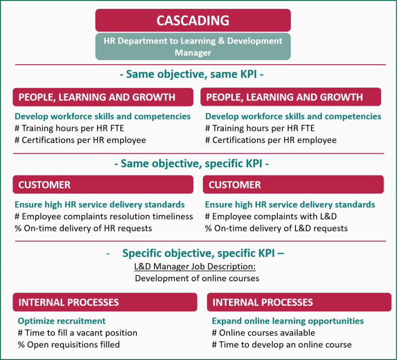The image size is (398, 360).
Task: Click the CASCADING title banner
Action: point(193,20)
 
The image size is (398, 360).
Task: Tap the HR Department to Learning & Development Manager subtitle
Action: point(193,47)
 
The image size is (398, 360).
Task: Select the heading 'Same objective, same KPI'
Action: point(192,75)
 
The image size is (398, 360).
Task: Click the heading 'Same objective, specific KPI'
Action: point(192,164)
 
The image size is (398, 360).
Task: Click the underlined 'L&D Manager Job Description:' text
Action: point(195,266)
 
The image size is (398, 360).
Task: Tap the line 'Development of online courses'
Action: point(197,278)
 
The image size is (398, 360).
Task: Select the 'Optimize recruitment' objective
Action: point(62,321)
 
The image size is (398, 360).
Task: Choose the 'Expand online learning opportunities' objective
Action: point(288,321)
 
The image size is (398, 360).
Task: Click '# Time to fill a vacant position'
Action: point(78,333)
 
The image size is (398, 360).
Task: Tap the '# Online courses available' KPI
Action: point(263,333)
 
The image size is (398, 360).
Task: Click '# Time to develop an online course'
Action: point(281,344)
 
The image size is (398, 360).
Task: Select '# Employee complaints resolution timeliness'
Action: point(104,217)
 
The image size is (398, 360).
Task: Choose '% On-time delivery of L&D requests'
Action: point(276,228)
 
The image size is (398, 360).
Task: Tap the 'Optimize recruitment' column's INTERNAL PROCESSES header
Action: point(105,302)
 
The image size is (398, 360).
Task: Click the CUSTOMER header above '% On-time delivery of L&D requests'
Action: point(293,185)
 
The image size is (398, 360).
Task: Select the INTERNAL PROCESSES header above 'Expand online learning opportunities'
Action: point(299,302)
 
